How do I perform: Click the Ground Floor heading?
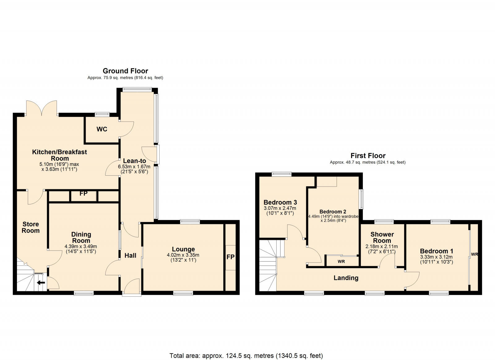[125, 71]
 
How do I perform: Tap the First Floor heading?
[368, 156]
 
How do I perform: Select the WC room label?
[102, 129]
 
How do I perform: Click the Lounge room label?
[183, 249]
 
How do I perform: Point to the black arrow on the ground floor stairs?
[41, 282]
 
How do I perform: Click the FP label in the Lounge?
[230, 257]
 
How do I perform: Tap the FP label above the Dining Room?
[84, 194]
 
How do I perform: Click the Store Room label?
[31, 227]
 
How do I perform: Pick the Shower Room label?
[382, 238]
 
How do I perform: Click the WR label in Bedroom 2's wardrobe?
[341, 262]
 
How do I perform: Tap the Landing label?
[346, 278]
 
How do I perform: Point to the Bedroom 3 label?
[280, 202]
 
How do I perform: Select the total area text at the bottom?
[246, 356]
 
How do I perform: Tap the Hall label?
[130, 255]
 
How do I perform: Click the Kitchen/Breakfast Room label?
[60, 155]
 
